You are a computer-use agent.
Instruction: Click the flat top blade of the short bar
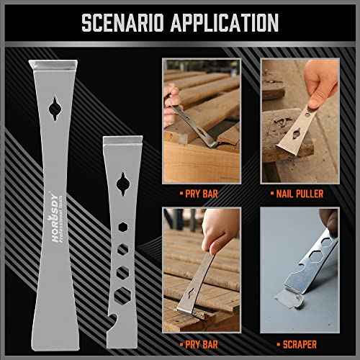click(x=118, y=141)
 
